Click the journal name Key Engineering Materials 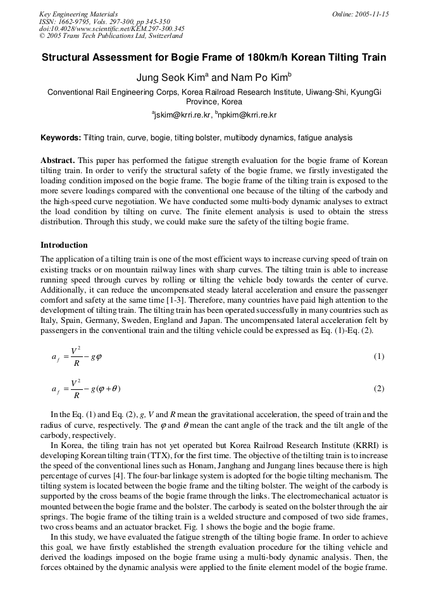click(x=78, y=14)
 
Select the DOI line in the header click(x=112, y=28)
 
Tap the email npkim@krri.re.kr click(x=247, y=116)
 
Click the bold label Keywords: click(x=61, y=138)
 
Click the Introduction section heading click(x=64, y=245)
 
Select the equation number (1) click(x=378, y=356)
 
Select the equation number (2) click(x=378, y=389)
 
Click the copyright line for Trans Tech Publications click(x=111, y=36)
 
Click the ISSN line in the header click(x=101, y=21)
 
